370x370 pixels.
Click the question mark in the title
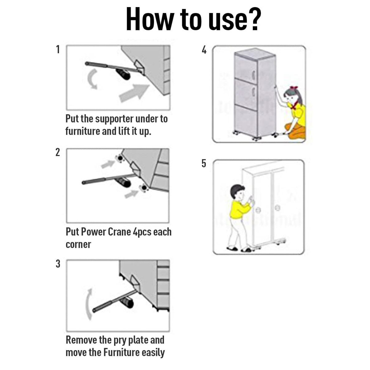254,19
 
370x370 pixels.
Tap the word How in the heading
148,19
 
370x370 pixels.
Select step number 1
58,49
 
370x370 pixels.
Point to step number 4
204,50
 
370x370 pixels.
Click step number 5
204,163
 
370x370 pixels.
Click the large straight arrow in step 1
134,93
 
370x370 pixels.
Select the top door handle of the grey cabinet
254,75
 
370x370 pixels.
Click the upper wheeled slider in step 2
120,158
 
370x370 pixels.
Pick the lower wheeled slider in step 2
144,188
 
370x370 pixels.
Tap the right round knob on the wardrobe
277,208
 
